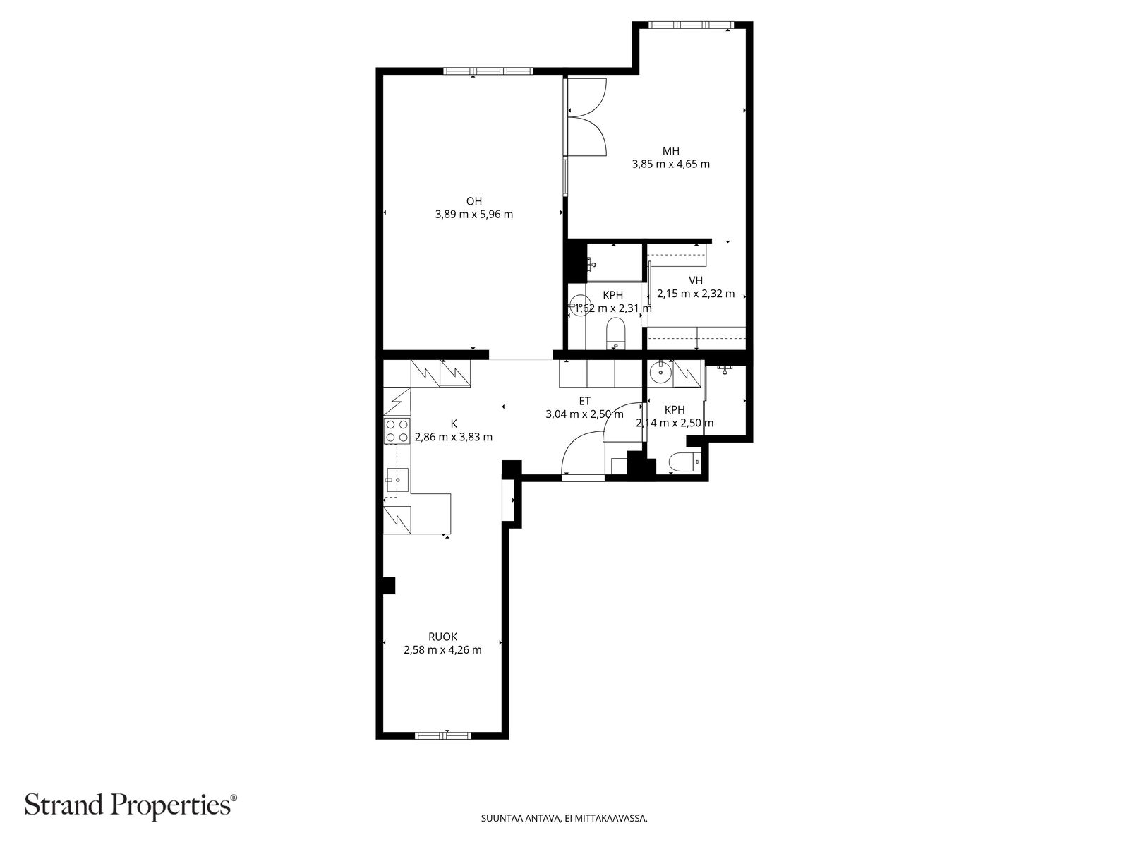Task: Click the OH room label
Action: pos(473,201)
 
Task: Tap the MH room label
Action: pos(671,150)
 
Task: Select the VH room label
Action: pos(696,280)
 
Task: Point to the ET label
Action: pos(584,401)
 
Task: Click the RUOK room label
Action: pos(443,637)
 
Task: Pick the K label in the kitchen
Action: pos(454,423)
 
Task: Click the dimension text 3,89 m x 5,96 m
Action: pos(473,215)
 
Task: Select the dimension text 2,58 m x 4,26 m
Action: pos(443,650)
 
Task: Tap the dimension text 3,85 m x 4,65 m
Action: pos(671,164)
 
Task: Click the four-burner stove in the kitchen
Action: pos(397,431)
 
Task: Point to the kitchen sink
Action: pos(397,480)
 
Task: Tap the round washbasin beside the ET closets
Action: pos(659,372)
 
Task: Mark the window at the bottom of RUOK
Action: pos(443,735)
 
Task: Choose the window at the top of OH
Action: pos(488,71)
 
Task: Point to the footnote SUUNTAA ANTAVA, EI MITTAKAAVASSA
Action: pos(564,818)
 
